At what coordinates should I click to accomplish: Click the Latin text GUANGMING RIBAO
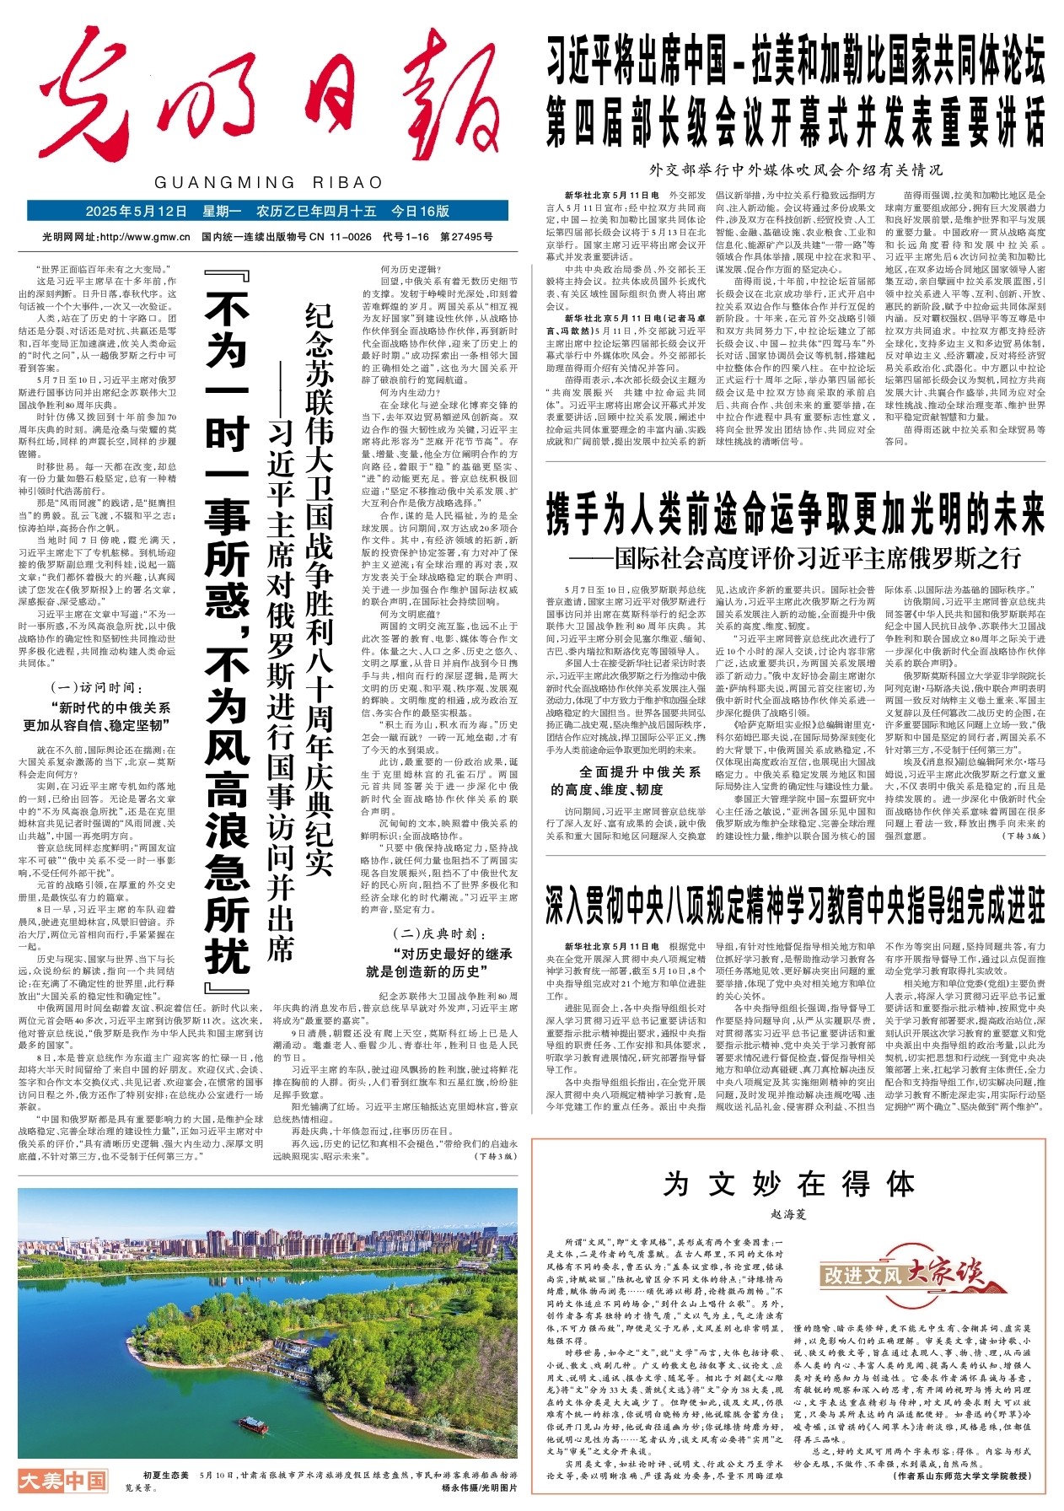[269, 182]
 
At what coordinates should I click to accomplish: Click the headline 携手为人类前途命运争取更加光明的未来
[795, 514]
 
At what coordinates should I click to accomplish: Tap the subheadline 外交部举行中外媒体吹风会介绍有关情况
[796, 169]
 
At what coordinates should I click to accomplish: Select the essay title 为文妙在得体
[788, 1184]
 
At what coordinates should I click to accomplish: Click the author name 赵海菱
[788, 1215]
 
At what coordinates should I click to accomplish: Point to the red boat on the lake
[253, 1426]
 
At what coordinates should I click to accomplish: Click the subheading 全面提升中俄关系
[640, 772]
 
